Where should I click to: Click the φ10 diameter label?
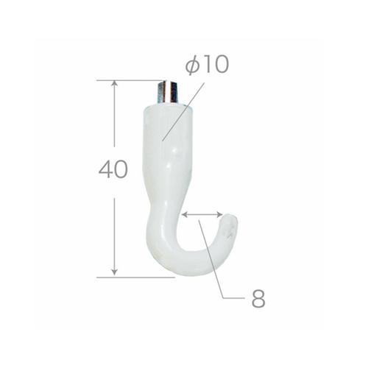point(208,64)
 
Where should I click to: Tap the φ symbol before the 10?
point(192,65)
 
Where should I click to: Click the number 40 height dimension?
point(113,169)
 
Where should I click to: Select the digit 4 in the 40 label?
point(105,169)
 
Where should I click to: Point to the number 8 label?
point(258,298)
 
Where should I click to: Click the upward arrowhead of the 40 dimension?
point(114,84)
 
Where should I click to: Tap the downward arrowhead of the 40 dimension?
point(114,272)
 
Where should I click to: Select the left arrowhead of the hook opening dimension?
point(185,215)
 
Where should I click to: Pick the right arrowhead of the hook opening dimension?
point(219,215)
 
